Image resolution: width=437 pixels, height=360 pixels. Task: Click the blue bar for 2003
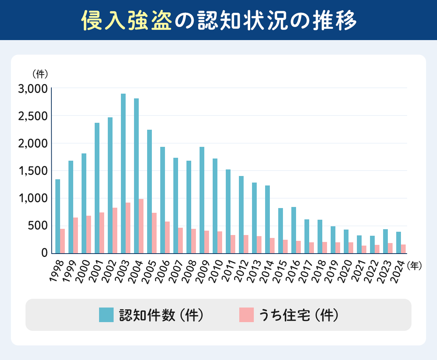point(123,173)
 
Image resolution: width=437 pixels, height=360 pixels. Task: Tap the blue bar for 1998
point(58,216)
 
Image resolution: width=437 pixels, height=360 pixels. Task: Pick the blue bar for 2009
point(202,200)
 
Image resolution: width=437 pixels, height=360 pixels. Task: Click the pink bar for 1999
point(75,235)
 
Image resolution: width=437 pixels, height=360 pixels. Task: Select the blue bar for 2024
point(398,242)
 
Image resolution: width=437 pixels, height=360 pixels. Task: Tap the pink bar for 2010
point(220,242)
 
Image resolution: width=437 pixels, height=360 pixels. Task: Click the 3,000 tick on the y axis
point(33,89)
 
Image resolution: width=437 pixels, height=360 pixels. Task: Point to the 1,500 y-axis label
point(33,171)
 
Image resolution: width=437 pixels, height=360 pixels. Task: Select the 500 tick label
point(38,226)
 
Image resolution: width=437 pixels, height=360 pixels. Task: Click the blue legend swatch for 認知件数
point(106,315)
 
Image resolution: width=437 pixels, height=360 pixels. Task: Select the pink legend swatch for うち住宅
point(246,315)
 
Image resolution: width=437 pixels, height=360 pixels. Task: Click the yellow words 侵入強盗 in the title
point(126,20)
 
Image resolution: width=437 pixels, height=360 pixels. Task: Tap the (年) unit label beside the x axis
point(415,266)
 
